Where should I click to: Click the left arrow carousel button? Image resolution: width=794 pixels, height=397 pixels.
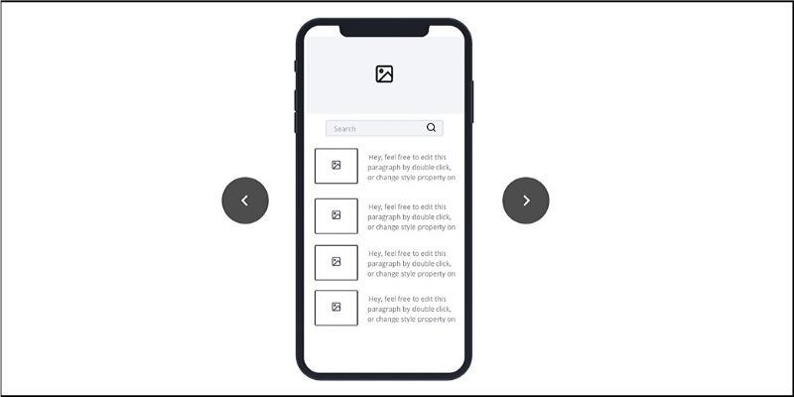point(245,200)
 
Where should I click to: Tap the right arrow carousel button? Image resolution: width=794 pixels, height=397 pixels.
point(526,200)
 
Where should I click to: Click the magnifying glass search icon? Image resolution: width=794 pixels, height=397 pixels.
point(431,128)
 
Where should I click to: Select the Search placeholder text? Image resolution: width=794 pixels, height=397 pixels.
point(344,129)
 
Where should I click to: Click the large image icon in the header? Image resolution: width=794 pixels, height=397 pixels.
point(384,73)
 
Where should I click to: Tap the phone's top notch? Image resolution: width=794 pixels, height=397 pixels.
point(384,31)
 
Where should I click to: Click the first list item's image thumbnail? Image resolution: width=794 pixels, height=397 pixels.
point(336,166)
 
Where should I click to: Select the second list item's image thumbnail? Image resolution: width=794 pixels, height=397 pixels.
point(336,215)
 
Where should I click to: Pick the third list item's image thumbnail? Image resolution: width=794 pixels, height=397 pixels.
point(336,262)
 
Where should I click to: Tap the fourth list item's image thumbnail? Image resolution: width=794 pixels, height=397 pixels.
point(336,308)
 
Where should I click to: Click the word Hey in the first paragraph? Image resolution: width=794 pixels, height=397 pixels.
point(375,158)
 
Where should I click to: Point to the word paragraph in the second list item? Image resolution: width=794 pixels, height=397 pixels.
point(383,217)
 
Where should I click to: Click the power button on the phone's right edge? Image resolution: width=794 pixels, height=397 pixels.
point(472,101)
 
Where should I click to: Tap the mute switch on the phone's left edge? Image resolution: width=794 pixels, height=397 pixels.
point(295,66)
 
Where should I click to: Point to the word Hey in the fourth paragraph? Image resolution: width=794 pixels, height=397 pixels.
point(375,300)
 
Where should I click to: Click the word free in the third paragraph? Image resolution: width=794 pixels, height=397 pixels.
point(404,254)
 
